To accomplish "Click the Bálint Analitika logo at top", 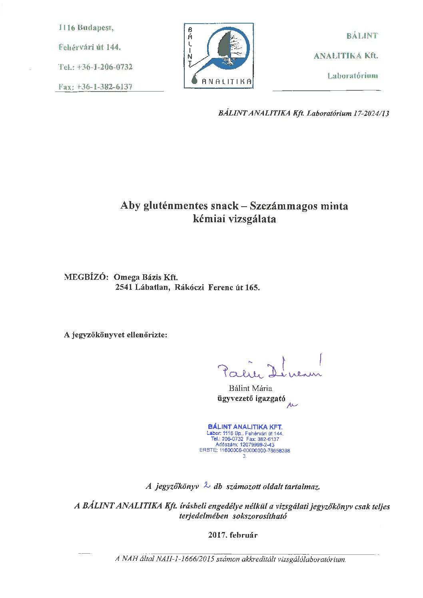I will pyautogui.click(x=219, y=56).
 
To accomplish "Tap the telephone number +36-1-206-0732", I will pyautogui.click(x=104, y=67).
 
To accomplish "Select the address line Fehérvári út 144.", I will pyautogui.click(x=90, y=47).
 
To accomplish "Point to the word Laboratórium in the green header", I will pyautogui.click(x=352, y=76).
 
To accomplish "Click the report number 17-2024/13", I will pyautogui.click(x=371, y=113).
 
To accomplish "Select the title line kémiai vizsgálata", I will pyautogui.click(x=234, y=219).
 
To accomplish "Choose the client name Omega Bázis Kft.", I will pyautogui.click(x=146, y=277).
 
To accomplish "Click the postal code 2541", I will pyautogui.click(x=124, y=287).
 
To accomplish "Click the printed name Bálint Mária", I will pyautogui.click(x=250, y=388).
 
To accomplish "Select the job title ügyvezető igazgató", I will pyautogui.click(x=251, y=399).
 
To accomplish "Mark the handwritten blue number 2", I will pyautogui.click(x=207, y=485).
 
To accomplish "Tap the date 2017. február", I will pyautogui.click(x=233, y=535).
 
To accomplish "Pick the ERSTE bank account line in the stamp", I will pyautogui.click(x=245, y=450).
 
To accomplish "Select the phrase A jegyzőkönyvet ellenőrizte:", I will pyautogui.click(x=116, y=335).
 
